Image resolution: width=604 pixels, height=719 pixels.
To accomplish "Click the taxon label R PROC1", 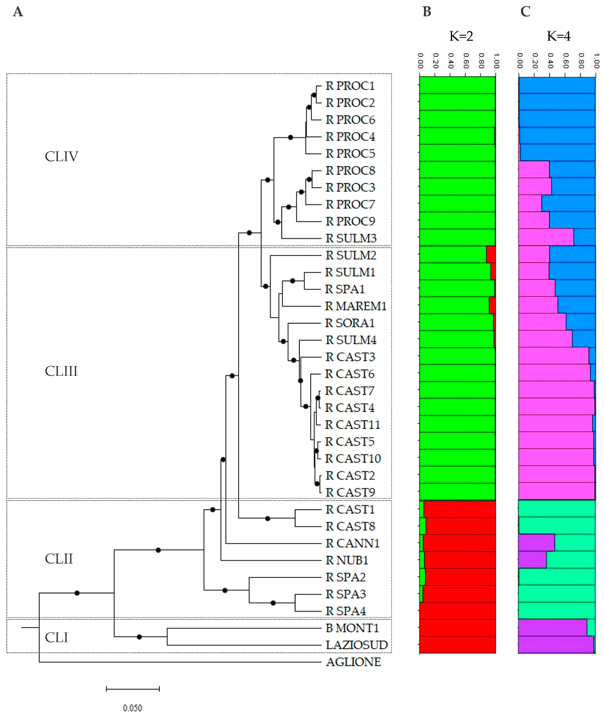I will click(x=350, y=86).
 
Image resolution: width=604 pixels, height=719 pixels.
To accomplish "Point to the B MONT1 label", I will click(x=352, y=628).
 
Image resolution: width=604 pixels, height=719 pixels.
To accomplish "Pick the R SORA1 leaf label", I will click(x=350, y=323).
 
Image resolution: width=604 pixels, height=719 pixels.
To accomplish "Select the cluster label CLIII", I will click(x=61, y=371).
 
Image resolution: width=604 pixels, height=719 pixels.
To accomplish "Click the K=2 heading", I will click(x=461, y=36).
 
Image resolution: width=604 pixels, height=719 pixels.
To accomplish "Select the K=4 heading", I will click(x=559, y=36).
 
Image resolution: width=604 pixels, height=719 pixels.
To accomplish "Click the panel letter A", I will click(x=18, y=12).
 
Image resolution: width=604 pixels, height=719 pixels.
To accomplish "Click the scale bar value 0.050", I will click(x=133, y=708).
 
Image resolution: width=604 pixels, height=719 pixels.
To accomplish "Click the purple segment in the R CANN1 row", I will click(x=536, y=543).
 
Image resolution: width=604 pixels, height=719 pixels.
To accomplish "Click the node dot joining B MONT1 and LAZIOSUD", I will click(x=139, y=637).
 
